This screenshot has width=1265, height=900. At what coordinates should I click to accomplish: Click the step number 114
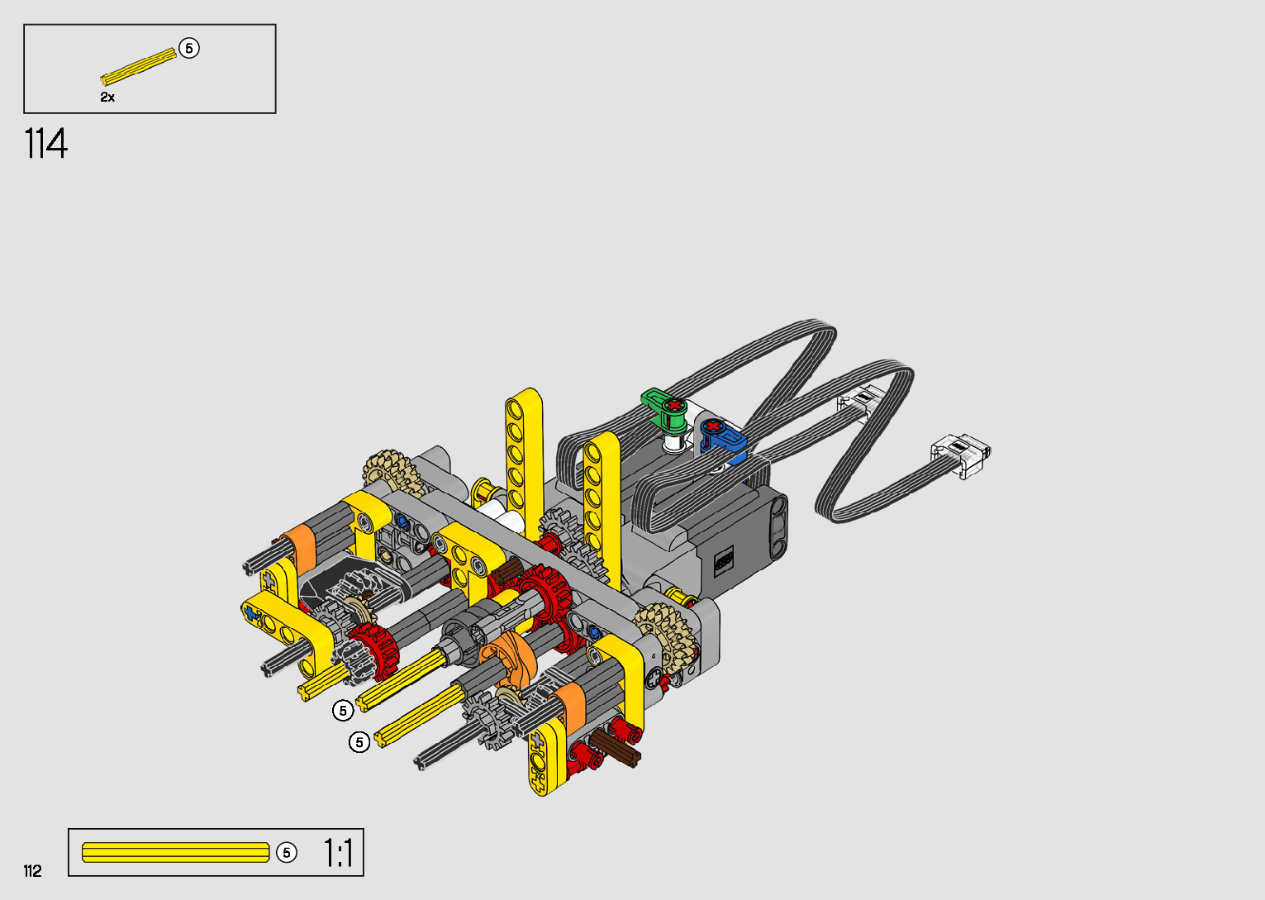(45, 144)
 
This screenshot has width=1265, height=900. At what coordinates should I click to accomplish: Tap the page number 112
(33, 870)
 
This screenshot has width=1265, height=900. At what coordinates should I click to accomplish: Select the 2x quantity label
(107, 98)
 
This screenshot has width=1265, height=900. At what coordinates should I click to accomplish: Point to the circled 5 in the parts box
(189, 48)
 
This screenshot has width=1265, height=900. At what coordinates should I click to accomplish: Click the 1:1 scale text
(338, 853)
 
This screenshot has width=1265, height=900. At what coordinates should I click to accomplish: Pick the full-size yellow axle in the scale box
(176, 853)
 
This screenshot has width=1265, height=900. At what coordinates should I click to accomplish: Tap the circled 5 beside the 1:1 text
(287, 852)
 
